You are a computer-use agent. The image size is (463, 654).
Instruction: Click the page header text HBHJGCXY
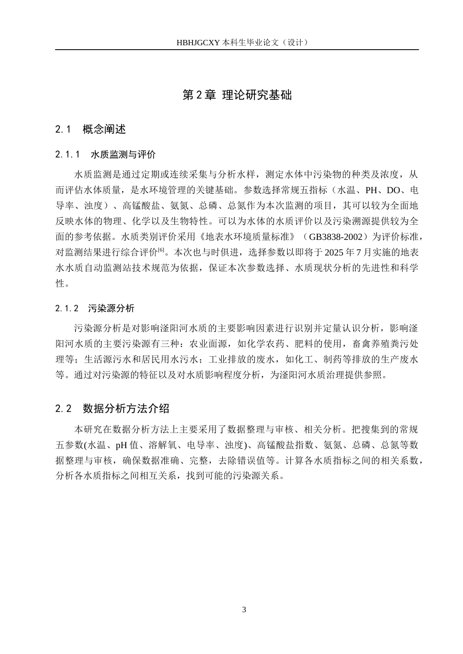[x=198, y=42]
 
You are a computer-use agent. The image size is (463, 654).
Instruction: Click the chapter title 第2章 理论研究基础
[x=237, y=95]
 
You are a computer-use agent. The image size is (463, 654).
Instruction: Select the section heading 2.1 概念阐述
[x=91, y=129]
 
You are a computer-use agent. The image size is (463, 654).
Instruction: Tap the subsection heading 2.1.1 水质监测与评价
[x=106, y=155]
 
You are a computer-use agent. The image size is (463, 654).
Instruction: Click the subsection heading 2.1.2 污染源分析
[x=95, y=308]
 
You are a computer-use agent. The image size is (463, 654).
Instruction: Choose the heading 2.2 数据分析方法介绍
[x=113, y=408]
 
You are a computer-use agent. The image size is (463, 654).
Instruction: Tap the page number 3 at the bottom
[x=244, y=610]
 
